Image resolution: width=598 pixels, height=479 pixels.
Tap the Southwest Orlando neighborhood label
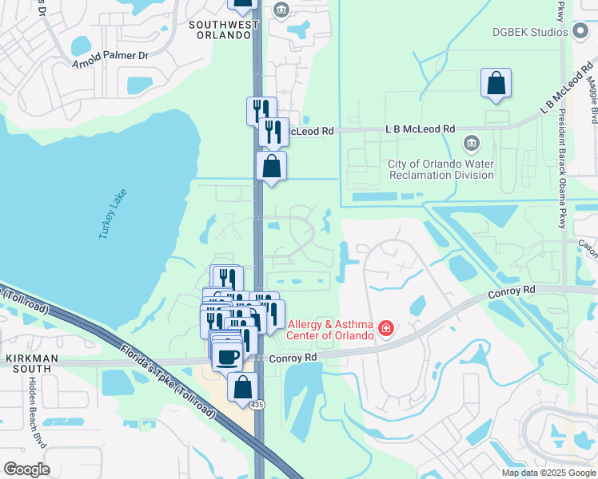click(x=224, y=30)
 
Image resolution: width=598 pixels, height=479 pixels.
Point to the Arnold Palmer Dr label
click(x=110, y=57)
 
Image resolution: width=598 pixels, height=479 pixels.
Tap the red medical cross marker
click(x=386, y=328)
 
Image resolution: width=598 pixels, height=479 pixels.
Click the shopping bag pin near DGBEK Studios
click(x=496, y=82)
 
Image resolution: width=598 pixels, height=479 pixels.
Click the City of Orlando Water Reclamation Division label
click(x=441, y=169)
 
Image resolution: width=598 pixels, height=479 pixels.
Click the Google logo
click(x=26, y=469)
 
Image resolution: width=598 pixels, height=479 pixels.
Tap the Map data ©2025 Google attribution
click(x=548, y=473)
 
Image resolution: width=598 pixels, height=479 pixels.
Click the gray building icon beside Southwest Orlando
click(x=281, y=10)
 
